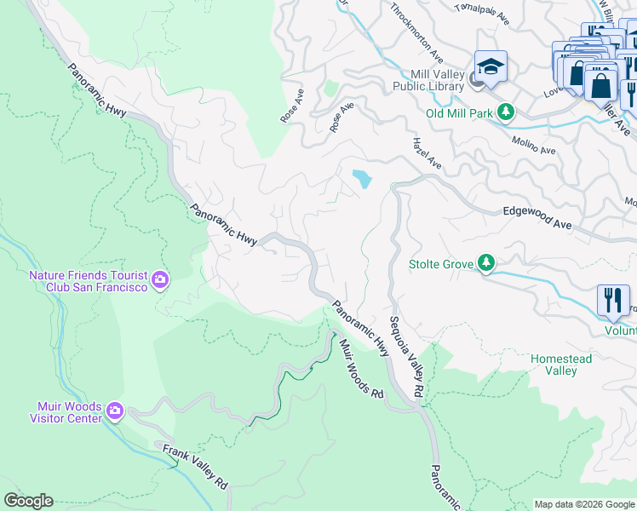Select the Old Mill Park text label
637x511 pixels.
(x=459, y=112)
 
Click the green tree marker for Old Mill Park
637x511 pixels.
(x=506, y=112)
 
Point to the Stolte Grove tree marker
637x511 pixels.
(x=486, y=264)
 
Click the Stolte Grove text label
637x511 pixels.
(x=441, y=264)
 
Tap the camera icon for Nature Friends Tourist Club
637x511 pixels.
(x=159, y=279)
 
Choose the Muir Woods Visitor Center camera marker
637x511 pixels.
(x=115, y=412)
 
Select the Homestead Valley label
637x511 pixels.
(x=560, y=365)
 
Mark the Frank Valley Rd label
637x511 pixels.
(x=195, y=465)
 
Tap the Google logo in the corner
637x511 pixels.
(x=28, y=501)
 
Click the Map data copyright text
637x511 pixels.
(x=583, y=504)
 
